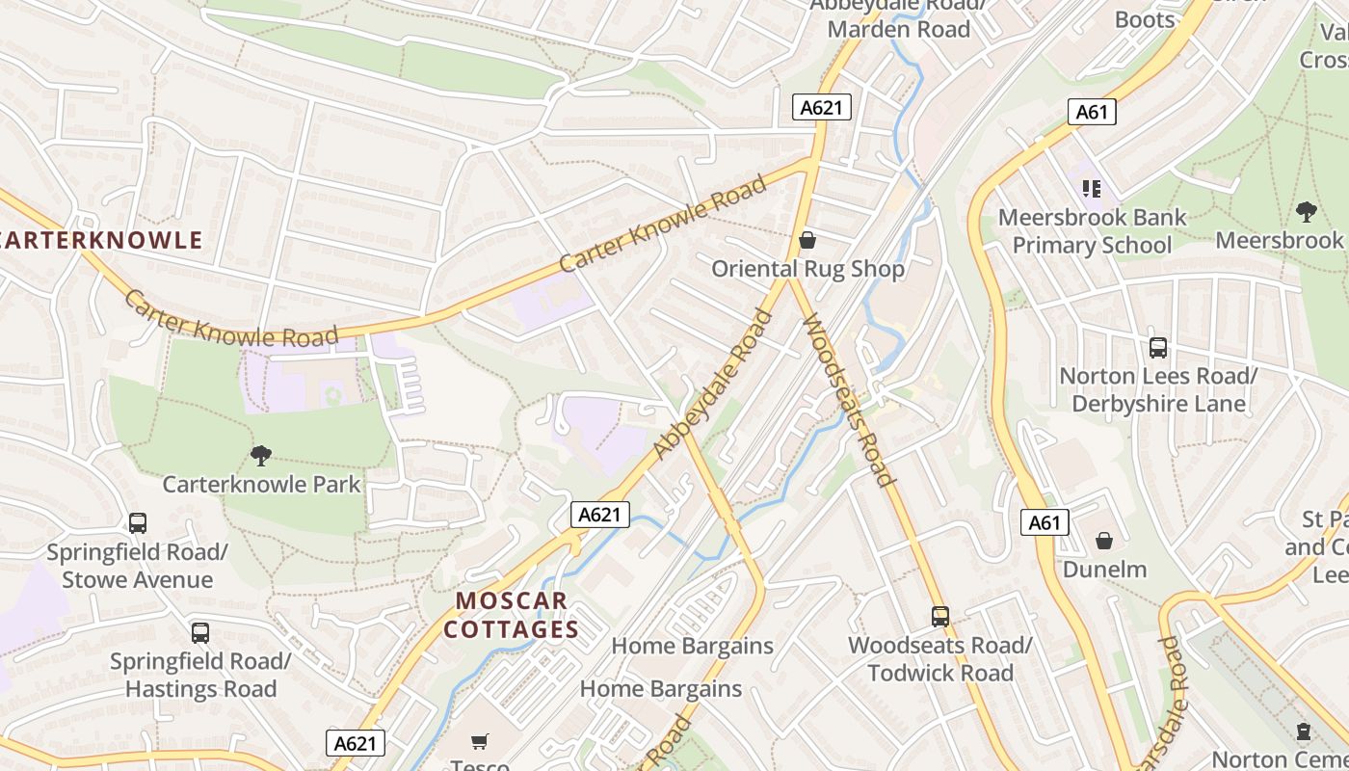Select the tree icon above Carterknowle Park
click(x=260, y=455)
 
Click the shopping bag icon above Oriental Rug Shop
click(x=807, y=240)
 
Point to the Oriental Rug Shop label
click(x=807, y=269)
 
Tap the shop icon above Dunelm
click(x=1104, y=541)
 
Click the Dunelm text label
click(x=1104, y=570)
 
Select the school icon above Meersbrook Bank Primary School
click(x=1091, y=189)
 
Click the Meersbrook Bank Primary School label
click(x=1092, y=231)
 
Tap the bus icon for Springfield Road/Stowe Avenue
click(x=138, y=523)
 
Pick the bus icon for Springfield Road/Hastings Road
click(x=200, y=633)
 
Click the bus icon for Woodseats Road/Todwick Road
click(x=939, y=617)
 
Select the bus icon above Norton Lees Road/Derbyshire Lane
click(x=1158, y=348)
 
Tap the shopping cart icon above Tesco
click(x=480, y=741)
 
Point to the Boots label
click(x=1144, y=19)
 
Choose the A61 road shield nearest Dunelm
click(x=1044, y=523)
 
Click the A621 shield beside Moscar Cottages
click(x=599, y=515)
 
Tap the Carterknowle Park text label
click(x=261, y=484)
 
